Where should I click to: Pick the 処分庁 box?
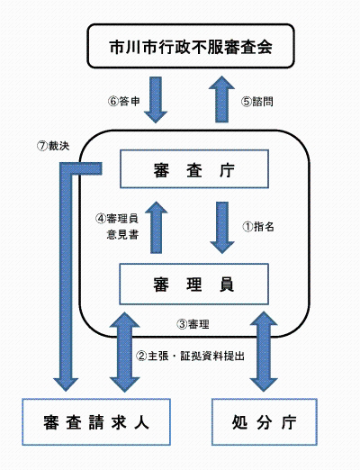click(x=263, y=420)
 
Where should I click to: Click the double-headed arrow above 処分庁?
click(x=264, y=351)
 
